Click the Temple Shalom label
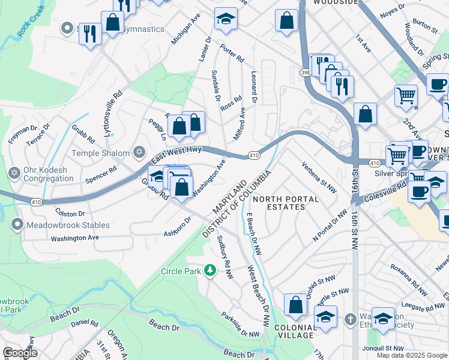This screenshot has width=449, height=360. pyautogui.click(x=100, y=153)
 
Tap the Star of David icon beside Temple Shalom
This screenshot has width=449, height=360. pyautogui.click(x=140, y=152)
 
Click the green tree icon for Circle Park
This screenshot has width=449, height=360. pyautogui.click(x=210, y=271)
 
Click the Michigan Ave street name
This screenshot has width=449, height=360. pyautogui.click(x=185, y=30)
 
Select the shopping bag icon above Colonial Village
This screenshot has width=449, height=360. pyautogui.click(x=295, y=305)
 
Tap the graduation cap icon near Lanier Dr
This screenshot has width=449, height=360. pyautogui.click(x=226, y=20)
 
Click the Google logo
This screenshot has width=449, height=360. pyautogui.click(x=19, y=353)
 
